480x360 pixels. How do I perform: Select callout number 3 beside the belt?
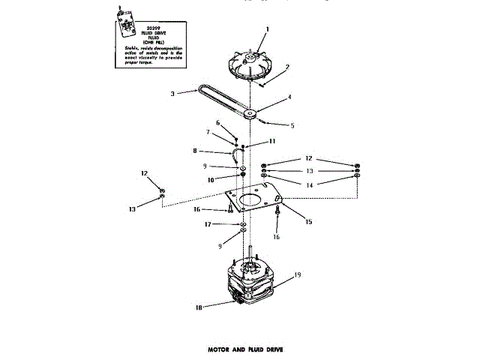pos(173,94)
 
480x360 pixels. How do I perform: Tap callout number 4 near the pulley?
pos(289,97)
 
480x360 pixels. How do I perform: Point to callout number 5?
pos(292,125)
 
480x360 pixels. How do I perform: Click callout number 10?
pos(212,180)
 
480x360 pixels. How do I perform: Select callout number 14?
pos(310,184)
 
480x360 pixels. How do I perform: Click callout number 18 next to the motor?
pos(199,307)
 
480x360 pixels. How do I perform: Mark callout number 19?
pos(297,276)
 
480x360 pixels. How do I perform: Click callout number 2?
pos(286,67)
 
